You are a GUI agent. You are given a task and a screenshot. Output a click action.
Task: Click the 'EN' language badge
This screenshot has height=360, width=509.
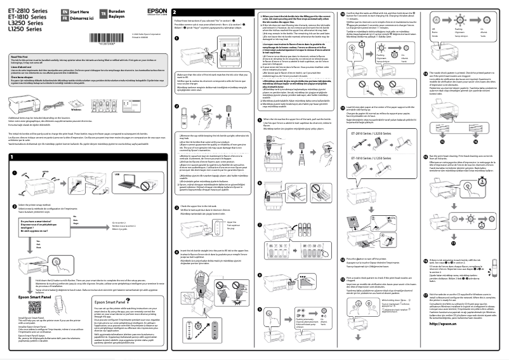pyautogui.click(x=58, y=11)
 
